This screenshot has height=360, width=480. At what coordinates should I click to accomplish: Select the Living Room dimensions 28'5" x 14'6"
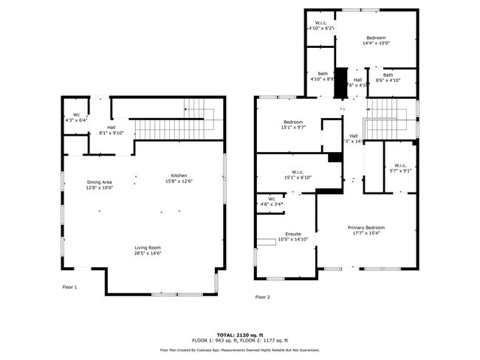[x=148, y=253]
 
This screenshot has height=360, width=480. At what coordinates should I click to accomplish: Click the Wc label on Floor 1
[x=75, y=114]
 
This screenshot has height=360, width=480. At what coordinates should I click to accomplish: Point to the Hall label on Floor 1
[x=111, y=128]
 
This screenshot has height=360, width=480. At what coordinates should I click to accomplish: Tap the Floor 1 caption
[x=69, y=287]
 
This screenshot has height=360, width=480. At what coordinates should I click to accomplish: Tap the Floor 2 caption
[x=263, y=297]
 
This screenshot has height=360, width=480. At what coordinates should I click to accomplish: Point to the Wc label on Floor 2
[x=271, y=198]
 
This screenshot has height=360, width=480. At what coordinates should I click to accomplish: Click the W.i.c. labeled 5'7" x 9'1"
[x=400, y=165]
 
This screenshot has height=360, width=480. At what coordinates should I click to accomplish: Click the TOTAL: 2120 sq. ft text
[x=239, y=333]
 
